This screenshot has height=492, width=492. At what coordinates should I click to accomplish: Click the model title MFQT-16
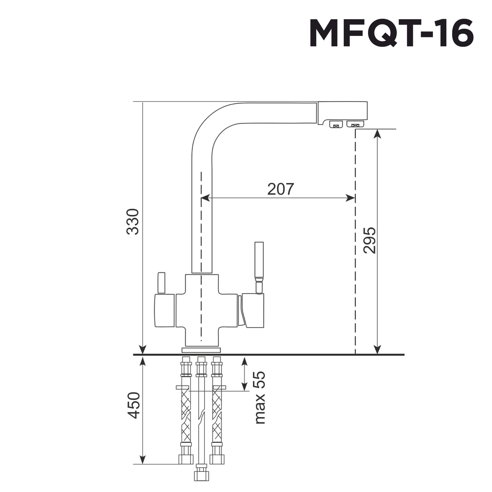(391, 34)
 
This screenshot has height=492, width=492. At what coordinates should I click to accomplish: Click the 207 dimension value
(280, 189)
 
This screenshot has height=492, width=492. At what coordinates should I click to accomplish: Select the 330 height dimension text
(133, 222)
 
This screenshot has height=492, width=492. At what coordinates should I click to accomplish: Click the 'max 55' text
(259, 398)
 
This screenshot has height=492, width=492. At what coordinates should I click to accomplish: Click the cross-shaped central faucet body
(201, 310)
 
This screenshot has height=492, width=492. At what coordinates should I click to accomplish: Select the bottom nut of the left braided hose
(185, 459)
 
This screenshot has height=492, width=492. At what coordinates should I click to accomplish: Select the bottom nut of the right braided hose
(217, 459)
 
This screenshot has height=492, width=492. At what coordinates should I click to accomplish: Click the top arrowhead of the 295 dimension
(377, 134)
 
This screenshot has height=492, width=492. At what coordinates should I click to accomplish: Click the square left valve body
(165, 310)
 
